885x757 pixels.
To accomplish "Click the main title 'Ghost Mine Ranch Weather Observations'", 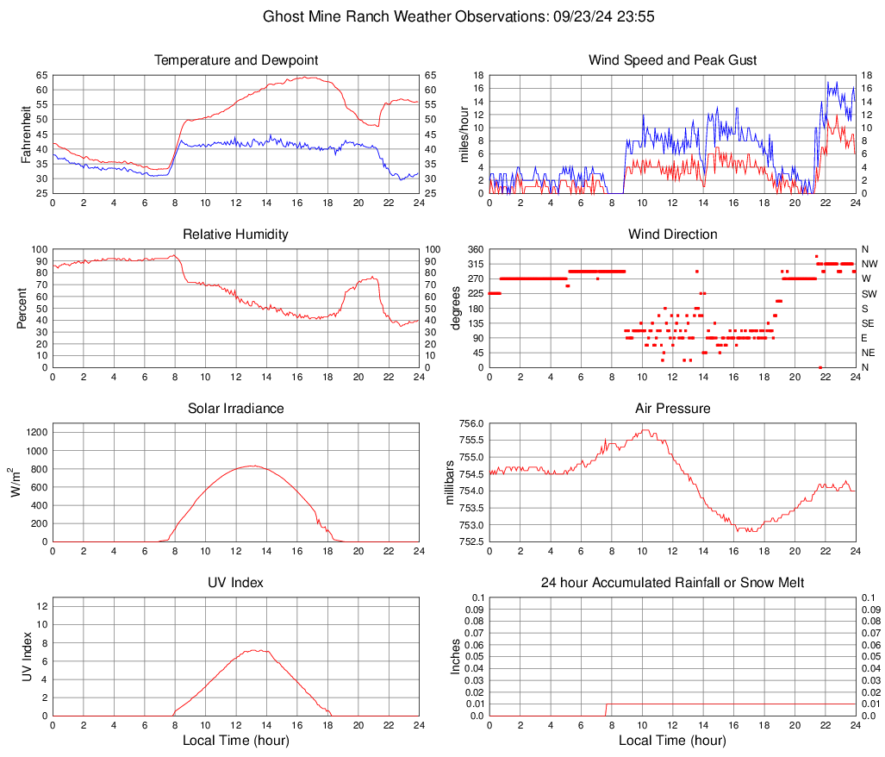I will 442,16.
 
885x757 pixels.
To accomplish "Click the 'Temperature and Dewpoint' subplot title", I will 236,60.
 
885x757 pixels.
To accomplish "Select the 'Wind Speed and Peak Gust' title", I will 672,60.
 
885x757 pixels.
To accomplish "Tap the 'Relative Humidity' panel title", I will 236,235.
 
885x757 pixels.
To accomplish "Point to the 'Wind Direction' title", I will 672,235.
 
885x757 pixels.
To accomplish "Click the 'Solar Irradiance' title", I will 236,409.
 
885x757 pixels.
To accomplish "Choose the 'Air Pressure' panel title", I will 672,409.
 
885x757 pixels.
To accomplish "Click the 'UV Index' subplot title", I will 236,583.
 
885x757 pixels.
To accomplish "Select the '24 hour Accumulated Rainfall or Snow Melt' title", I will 672,583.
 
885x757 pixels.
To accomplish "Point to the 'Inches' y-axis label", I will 456,657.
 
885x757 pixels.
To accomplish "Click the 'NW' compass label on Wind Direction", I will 869,264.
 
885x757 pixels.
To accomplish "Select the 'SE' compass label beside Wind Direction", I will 868,323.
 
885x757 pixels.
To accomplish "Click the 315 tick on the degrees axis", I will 474,264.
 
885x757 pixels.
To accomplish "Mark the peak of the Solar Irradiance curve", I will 251,466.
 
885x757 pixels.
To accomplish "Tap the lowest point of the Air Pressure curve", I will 751,531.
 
